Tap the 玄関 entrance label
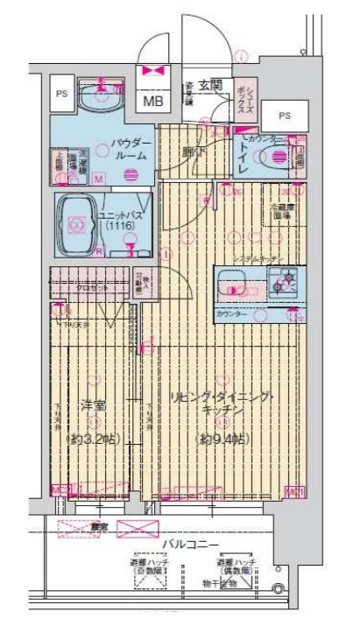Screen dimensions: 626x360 [209, 85]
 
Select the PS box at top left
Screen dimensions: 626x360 [61, 93]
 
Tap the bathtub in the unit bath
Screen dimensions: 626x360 [78, 225]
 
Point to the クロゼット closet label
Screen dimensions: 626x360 [90, 286]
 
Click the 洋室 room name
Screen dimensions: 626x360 [94, 404]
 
